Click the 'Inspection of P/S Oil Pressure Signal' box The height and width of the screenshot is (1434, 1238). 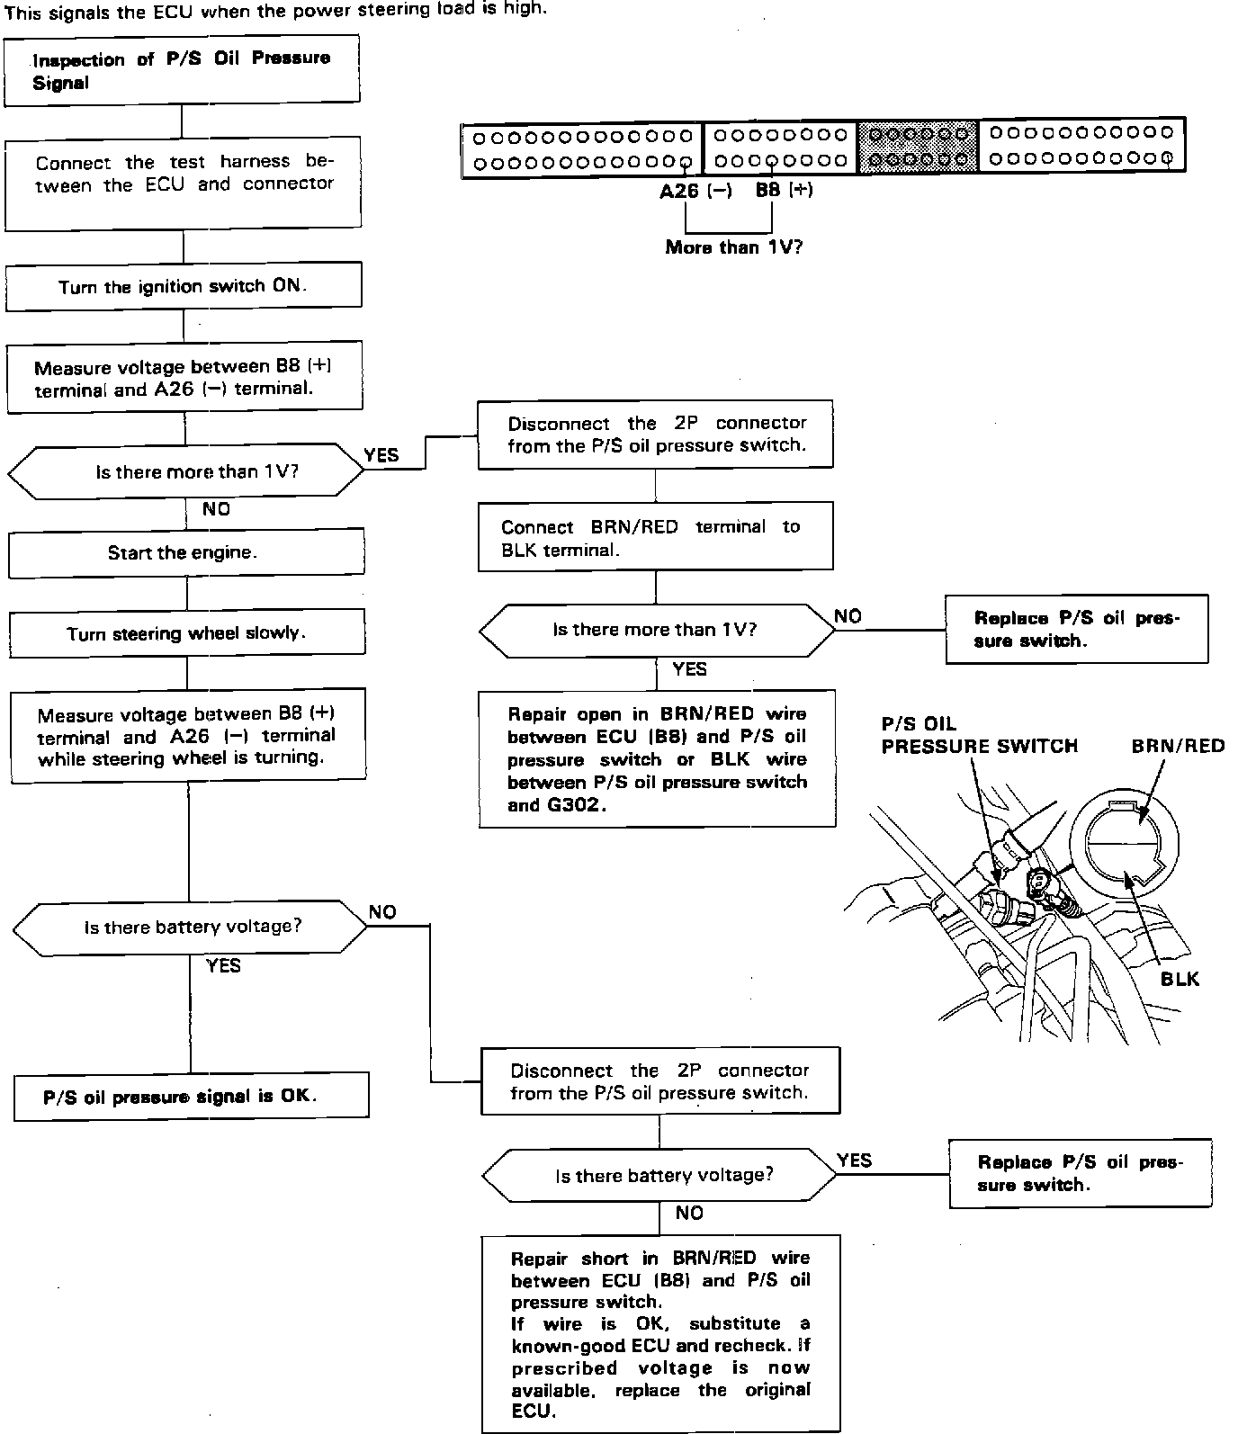(x=182, y=70)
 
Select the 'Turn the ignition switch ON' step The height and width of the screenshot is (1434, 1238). (x=184, y=286)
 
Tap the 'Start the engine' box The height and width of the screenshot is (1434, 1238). (x=186, y=552)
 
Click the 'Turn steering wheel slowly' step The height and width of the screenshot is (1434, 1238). (x=187, y=632)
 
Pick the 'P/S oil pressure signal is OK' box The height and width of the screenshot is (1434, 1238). (x=191, y=1096)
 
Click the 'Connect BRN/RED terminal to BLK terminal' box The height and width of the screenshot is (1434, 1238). (x=655, y=537)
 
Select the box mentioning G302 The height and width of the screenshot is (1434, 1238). (x=657, y=758)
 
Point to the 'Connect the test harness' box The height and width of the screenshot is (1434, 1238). (x=184, y=183)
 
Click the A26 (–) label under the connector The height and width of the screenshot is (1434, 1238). (x=695, y=191)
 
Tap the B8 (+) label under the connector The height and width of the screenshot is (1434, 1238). (x=784, y=191)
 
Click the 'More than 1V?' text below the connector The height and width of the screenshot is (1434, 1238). (x=733, y=246)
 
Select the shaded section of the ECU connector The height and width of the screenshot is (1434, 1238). (x=917, y=147)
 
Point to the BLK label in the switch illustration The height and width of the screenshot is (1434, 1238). (x=1180, y=979)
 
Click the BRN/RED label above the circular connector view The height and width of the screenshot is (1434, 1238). (x=1178, y=746)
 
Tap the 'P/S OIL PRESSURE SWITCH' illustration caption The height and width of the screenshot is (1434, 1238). (x=979, y=735)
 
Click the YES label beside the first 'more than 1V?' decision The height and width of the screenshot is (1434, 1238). (x=381, y=455)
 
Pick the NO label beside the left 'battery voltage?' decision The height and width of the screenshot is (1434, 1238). (x=382, y=912)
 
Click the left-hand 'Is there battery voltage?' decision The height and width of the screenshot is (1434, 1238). (x=191, y=927)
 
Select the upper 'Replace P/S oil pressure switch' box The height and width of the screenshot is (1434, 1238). (x=1076, y=630)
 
